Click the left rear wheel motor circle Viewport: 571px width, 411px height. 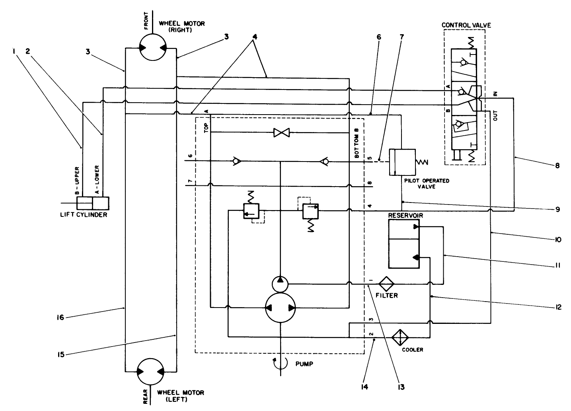tap(150, 372)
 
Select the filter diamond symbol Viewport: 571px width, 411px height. tap(386, 284)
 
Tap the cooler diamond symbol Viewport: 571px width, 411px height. tap(400, 338)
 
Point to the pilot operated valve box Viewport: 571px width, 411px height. tap(402, 162)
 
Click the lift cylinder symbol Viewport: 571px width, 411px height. tap(93, 203)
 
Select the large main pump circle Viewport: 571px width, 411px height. tap(281, 308)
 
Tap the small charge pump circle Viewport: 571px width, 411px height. tap(281, 284)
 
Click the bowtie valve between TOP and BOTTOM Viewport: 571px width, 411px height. tap(281, 132)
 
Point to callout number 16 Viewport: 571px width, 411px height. tap(61, 317)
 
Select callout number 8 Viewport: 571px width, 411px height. tap(557, 166)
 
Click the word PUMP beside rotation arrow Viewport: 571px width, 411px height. tap(304, 363)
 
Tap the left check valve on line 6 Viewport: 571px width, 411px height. tap(237, 162)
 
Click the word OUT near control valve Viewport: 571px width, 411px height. tap(495, 116)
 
